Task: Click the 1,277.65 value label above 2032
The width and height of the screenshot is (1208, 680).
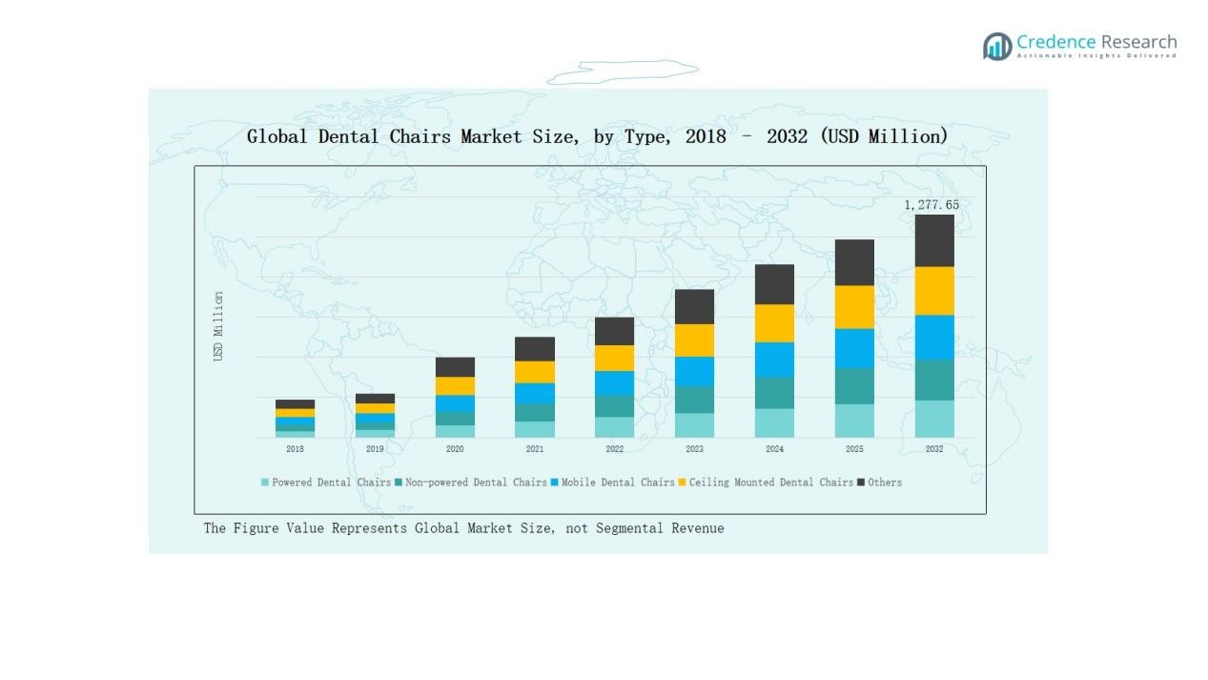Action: (932, 205)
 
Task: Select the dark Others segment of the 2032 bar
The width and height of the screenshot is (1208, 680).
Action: (934, 240)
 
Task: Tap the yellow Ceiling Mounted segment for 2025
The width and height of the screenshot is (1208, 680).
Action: (854, 307)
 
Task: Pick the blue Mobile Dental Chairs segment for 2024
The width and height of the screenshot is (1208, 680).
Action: (774, 360)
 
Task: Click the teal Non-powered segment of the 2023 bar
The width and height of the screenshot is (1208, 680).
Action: (694, 400)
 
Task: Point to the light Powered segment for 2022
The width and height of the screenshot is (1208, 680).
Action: (614, 427)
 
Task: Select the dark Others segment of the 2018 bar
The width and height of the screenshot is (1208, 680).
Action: (295, 404)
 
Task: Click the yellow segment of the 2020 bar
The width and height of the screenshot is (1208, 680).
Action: (455, 386)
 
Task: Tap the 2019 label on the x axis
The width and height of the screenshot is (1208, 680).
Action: (375, 449)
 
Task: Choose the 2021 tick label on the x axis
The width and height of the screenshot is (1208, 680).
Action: (535, 449)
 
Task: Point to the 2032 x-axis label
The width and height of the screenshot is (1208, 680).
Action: (934, 449)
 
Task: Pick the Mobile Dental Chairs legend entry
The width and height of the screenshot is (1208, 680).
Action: (616, 483)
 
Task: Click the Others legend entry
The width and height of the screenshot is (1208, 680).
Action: (884, 483)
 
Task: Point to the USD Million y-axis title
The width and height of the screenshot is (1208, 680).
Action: (218, 326)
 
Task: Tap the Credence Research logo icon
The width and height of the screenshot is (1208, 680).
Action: (997, 46)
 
